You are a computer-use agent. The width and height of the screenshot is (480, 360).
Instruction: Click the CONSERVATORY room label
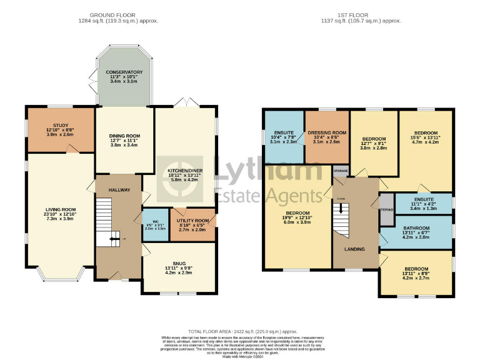124,72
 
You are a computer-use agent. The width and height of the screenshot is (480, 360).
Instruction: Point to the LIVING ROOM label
60,209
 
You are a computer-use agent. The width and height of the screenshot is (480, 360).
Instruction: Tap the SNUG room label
179,264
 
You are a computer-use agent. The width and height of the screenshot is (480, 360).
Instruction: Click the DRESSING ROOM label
327,133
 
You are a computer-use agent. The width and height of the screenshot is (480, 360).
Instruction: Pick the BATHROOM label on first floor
416,229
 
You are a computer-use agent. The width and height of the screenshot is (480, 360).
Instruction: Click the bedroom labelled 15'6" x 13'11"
426,133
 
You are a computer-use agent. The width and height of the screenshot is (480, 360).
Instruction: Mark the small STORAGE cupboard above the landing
340,171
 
